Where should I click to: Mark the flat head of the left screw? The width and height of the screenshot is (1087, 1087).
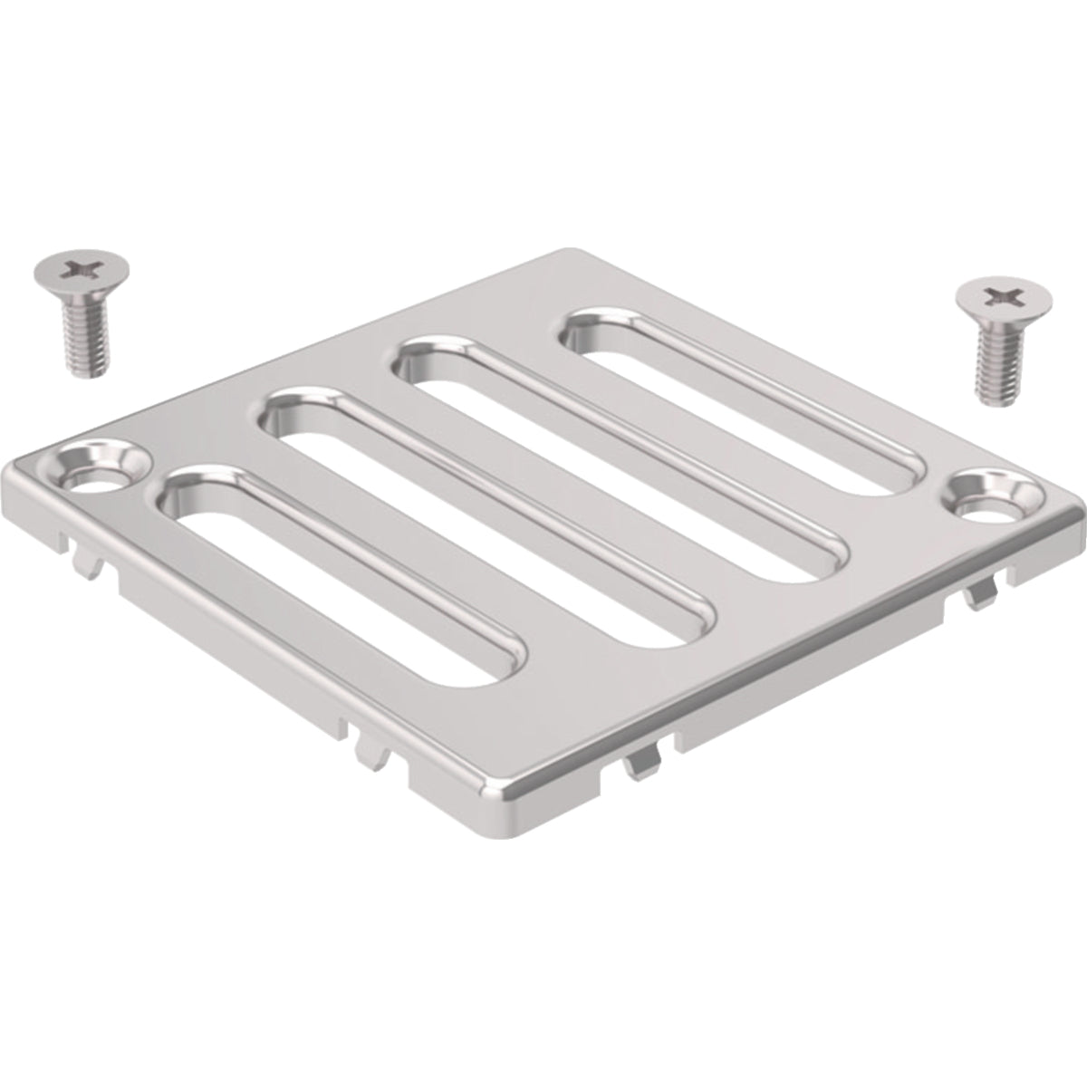coord(81,270)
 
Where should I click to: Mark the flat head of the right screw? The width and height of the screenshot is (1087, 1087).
coord(1004,296)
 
